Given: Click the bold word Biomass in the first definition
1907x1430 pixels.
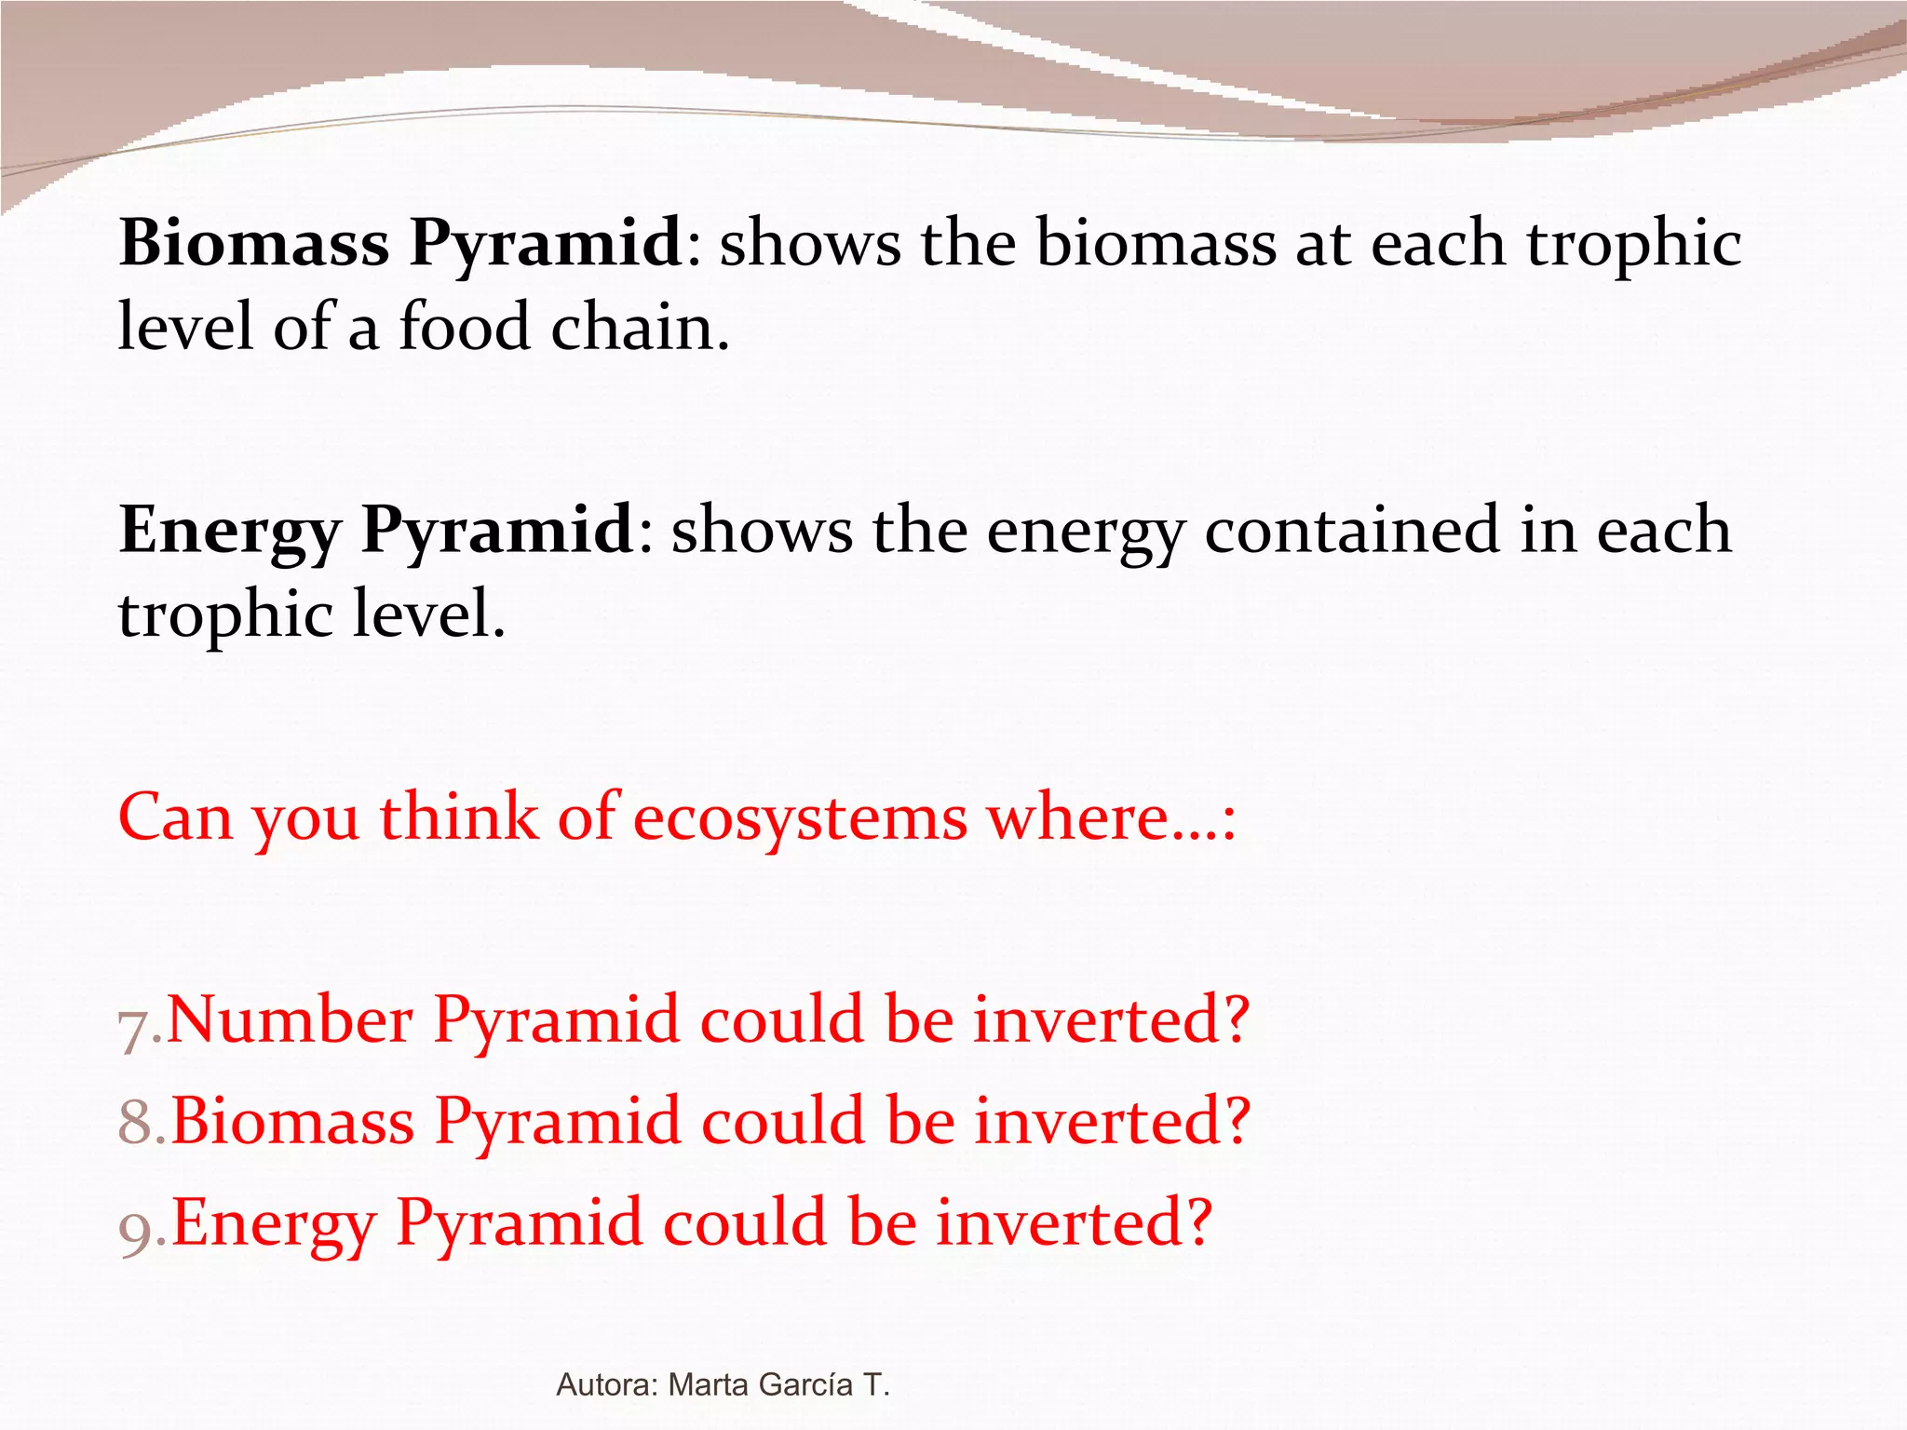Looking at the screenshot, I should [254, 243].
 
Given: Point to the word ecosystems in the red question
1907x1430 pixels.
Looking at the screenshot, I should [800, 817].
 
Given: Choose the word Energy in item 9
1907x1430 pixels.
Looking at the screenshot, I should [273, 1223].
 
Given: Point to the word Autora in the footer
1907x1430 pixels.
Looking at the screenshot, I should [606, 1384].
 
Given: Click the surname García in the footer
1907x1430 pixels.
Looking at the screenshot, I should [806, 1384].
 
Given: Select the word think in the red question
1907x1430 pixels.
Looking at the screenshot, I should [458, 817].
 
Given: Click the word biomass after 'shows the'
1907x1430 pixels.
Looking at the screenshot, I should [1156, 243].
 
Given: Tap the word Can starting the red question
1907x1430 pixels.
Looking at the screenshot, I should [175, 817].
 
